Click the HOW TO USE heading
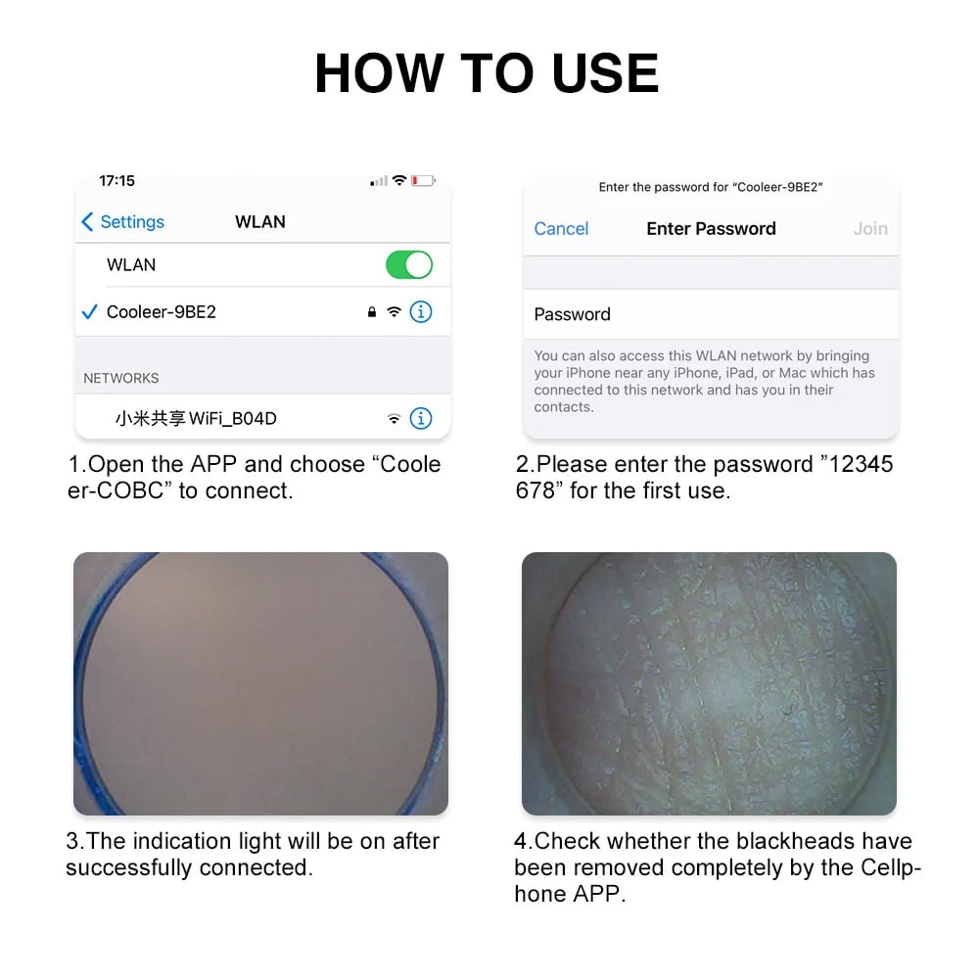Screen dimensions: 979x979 (487, 73)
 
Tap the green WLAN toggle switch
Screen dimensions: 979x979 (409, 264)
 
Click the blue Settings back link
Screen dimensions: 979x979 (123, 221)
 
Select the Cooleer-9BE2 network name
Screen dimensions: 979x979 (162, 311)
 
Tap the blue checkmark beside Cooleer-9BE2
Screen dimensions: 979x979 (89, 311)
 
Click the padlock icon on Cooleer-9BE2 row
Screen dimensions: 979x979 (371, 311)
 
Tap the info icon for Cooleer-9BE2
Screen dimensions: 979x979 (421, 311)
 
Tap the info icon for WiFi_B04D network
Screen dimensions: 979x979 (421, 418)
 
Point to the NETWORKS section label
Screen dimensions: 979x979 (121, 378)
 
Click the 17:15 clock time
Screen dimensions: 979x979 (117, 181)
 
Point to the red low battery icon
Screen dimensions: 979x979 (423, 181)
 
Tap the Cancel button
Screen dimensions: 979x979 (561, 229)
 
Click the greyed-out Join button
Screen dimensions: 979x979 (870, 229)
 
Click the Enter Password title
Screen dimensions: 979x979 (711, 229)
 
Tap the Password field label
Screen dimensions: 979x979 (572, 314)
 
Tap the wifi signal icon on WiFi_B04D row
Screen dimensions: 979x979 (394, 418)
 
